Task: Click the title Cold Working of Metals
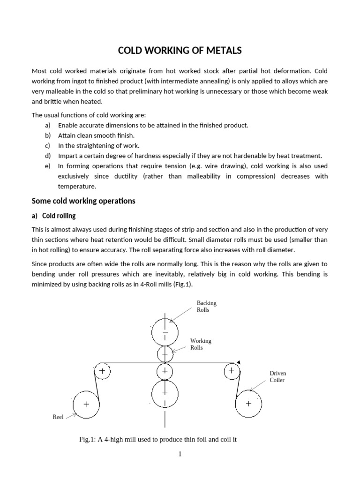[x=180, y=51]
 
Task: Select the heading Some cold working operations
[x=83, y=201]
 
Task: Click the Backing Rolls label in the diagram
[x=206, y=307]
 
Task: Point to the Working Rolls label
[x=201, y=344]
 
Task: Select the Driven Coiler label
[x=277, y=376]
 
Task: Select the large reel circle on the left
[x=86, y=404]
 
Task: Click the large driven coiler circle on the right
[x=248, y=404]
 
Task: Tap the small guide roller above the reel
[x=102, y=371]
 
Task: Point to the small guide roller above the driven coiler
[x=231, y=371]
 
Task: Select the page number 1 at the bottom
[x=180, y=454]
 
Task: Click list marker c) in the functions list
[x=47, y=146]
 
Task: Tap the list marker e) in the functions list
[x=47, y=166]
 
